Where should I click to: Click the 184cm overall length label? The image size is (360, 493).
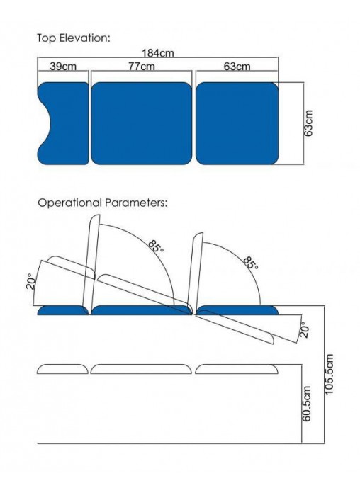pyautogui.click(x=157, y=53)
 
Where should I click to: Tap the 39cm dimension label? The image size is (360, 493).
pyautogui.click(x=63, y=67)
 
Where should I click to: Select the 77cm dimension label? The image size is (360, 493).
pyautogui.click(x=141, y=67)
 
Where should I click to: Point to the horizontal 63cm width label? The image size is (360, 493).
pyautogui.click(x=237, y=67)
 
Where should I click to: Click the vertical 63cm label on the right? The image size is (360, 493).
pyautogui.click(x=308, y=123)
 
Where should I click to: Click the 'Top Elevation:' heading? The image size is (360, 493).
pyautogui.click(x=74, y=38)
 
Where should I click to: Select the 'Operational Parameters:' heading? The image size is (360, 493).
pyautogui.click(x=103, y=203)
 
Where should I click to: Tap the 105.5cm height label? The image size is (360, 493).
pyautogui.click(x=329, y=374)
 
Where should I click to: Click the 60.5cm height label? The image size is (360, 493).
pyautogui.click(x=307, y=404)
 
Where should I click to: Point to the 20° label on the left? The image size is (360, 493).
pyautogui.click(x=31, y=281)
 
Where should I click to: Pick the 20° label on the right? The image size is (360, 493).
pyautogui.click(x=304, y=329)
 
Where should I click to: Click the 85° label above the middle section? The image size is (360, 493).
pyautogui.click(x=157, y=246)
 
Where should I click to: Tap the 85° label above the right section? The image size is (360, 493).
pyautogui.click(x=251, y=263)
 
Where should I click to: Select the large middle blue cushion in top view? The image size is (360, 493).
pyautogui.click(x=141, y=123)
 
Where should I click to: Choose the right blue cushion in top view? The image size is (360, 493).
pyautogui.click(x=237, y=123)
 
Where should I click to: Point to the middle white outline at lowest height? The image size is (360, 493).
pyautogui.click(x=141, y=369)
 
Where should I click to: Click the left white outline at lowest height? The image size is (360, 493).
pyautogui.click(x=62, y=369)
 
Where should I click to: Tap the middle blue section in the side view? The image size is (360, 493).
pyautogui.click(x=141, y=310)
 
